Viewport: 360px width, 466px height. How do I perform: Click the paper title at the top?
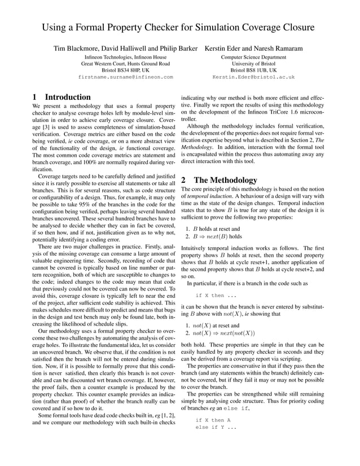(x=179, y=28)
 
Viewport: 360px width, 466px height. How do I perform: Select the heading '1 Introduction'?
(x=62, y=97)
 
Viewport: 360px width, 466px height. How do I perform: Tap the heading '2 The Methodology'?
(x=219, y=180)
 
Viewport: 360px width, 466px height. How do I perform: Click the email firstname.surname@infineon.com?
(x=125, y=77)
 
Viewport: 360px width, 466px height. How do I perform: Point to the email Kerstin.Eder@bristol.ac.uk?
(x=253, y=77)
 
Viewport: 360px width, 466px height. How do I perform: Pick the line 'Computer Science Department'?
(x=253, y=57)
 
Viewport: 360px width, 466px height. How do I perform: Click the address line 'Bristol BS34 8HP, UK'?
(x=125, y=70)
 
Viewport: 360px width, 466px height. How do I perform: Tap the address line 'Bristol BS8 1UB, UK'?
(x=253, y=70)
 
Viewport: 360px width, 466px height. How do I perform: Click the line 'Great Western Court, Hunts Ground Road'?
(x=125, y=64)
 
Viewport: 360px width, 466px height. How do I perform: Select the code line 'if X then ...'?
(x=216, y=295)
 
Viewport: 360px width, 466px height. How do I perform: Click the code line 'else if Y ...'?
(x=216, y=427)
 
